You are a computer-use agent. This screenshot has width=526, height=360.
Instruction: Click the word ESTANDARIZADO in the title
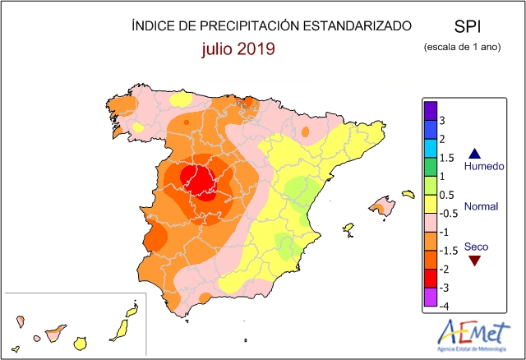coord(358,25)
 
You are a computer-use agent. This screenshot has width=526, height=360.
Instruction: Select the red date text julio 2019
coord(238,49)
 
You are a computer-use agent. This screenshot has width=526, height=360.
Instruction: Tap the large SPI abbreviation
coord(468,26)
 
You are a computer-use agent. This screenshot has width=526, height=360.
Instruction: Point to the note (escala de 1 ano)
coord(462,47)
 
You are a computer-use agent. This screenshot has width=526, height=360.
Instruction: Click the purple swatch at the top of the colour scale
coord(431,111)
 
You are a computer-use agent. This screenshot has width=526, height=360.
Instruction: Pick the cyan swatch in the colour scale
coord(431,148)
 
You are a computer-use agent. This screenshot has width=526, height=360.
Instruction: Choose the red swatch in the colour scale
coord(431,279)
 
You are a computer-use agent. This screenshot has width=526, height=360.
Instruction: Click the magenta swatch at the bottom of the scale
coord(431,297)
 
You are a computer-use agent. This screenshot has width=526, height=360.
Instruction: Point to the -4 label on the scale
coord(444,306)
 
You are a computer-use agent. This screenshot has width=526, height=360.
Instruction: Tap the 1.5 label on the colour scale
coord(446,158)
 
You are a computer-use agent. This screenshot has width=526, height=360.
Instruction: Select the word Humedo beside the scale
coord(484,166)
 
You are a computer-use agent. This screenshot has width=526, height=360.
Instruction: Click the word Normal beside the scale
coord(481,206)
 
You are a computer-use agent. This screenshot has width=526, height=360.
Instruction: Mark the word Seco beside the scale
coord(476,247)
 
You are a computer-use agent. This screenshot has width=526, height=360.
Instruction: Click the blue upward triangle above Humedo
coord(475,155)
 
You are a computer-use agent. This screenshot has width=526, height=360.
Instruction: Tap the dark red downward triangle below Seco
coord(475,260)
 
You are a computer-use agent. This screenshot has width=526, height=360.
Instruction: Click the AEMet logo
coord(473,335)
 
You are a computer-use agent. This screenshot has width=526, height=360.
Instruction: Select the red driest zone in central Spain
coord(199,182)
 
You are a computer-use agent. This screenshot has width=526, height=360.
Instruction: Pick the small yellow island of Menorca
coord(408,194)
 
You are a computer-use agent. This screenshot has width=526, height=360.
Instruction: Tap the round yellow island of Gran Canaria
coord(81,344)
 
